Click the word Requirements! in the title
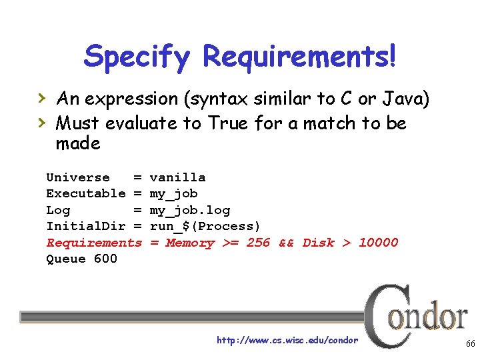(x=300, y=57)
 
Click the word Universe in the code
(x=78, y=177)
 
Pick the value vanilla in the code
(x=177, y=177)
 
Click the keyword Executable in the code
(x=85, y=193)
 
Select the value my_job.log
(x=190, y=210)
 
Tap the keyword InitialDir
(x=85, y=226)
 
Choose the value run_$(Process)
(x=205, y=226)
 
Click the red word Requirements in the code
(x=94, y=243)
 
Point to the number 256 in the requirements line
(x=258, y=243)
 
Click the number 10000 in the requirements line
(x=378, y=243)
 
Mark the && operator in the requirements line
(x=287, y=243)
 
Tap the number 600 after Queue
(x=105, y=259)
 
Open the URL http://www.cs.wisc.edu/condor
(x=287, y=341)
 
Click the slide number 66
(x=469, y=343)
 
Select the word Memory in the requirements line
(x=190, y=243)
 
